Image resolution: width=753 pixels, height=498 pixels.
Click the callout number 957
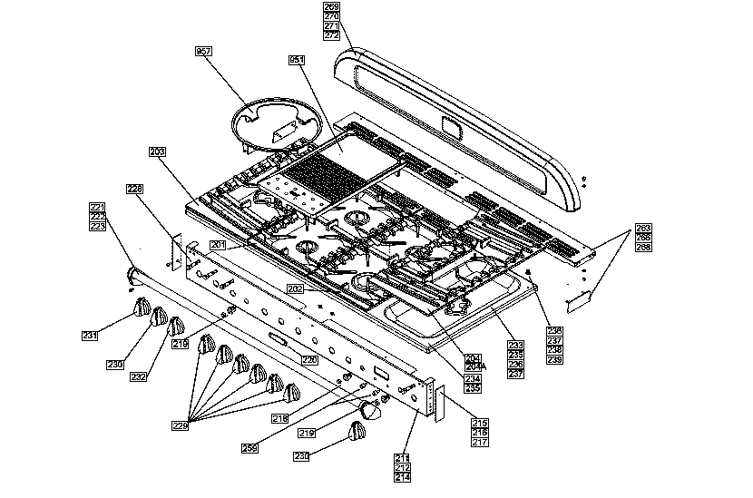tap(203, 53)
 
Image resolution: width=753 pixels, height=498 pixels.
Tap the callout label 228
tap(134, 189)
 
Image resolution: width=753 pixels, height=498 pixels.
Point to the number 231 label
tap(90, 336)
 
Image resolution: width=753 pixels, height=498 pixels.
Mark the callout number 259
tap(249, 448)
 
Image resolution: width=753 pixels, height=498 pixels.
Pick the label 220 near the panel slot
tap(309, 360)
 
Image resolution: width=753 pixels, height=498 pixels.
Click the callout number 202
tap(295, 288)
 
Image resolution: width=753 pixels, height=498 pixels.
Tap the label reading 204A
tap(472, 366)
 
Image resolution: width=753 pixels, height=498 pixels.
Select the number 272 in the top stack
tap(331, 35)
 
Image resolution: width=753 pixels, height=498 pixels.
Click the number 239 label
tap(553, 359)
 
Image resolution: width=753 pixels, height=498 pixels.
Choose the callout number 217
tap(479, 443)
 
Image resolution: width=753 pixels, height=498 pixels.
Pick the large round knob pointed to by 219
tap(370, 410)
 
